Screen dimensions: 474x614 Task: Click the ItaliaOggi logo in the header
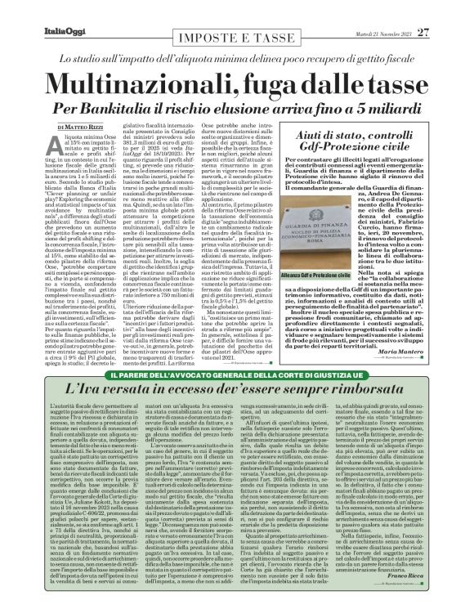39,11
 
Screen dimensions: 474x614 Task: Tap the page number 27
446,10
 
